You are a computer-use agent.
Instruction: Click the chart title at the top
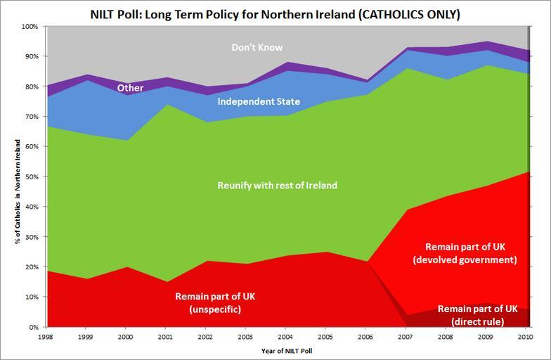point(275,13)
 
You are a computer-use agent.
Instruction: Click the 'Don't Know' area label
point(257,48)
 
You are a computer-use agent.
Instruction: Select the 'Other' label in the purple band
point(130,88)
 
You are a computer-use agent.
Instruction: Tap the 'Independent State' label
point(259,102)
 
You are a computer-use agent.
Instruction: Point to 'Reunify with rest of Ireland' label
point(278,186)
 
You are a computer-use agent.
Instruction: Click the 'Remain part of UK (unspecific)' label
point(215,302)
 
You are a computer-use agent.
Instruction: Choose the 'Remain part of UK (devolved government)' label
point(471,253)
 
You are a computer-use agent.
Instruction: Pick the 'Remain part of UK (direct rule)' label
point(477,315)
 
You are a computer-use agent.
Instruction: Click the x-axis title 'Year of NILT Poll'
point(287,350)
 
